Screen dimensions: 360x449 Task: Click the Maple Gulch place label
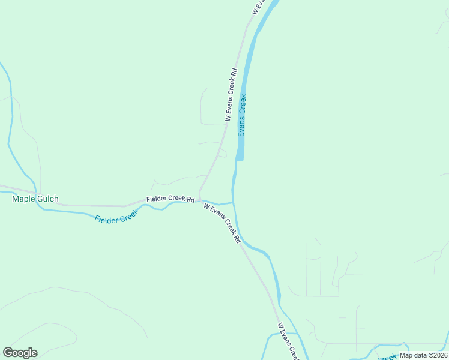click(35, 199)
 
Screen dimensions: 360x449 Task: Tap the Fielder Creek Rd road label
click(171, 199)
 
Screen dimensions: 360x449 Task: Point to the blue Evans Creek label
click(243, 115)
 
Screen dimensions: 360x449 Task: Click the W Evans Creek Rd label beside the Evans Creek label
click(231, 95)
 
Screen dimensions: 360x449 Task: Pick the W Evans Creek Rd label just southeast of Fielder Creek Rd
click(221, 223)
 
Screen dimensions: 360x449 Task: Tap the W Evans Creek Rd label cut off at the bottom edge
click(288, 341)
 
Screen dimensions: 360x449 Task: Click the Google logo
click(20, 353)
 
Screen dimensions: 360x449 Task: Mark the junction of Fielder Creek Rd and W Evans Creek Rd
click(199, 200)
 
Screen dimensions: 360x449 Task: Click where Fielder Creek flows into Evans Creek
click(232, 202)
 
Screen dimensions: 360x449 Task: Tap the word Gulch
click(47, 199)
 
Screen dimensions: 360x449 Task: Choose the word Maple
click(23, 199)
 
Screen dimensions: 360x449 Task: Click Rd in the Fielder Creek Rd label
click(191, 199)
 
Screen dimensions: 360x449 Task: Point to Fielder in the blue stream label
click(107, 219)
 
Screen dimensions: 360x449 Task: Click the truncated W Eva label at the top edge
click(259, 7)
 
